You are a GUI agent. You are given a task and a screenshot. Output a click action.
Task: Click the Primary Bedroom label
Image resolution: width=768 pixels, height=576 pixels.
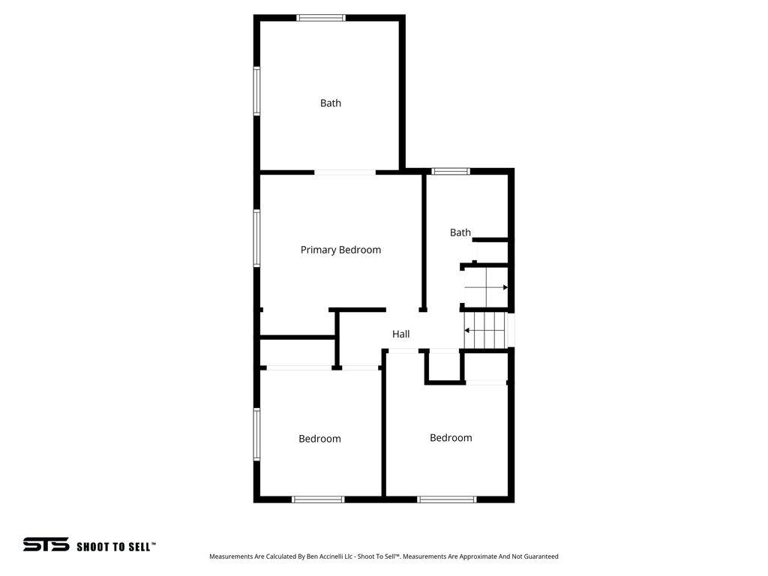click(340, 250)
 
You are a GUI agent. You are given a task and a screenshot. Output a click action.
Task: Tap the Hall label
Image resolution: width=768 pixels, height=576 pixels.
click(400, 334)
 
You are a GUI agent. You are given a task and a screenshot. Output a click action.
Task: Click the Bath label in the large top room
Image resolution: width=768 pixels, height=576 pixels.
click(330, 103)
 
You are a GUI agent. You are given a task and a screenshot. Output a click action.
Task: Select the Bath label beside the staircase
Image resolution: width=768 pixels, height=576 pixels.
click(460, 232)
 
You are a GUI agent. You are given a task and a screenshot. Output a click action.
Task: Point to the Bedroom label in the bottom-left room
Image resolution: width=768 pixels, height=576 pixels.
click(319, 439)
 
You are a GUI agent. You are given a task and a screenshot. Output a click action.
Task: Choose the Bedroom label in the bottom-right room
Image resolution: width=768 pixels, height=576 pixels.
click(451, 437)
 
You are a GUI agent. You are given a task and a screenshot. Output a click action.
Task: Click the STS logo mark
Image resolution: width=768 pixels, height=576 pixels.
click(46, 544)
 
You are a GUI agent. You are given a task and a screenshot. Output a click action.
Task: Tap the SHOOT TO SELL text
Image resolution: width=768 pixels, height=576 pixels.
click(116, 547)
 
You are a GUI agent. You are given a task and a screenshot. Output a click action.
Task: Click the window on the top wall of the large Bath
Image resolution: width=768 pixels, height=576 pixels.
click(321, 17)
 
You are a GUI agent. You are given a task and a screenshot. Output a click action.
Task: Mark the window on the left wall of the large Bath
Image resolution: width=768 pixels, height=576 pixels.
click(256, 91)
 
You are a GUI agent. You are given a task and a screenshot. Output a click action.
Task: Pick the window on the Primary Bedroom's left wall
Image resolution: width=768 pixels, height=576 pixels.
click(256, 238)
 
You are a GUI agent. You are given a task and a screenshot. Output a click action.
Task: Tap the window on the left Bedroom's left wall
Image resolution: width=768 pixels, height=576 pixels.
click(256, 433)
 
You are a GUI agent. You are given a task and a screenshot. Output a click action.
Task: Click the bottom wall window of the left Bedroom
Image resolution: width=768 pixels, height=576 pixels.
click(318, 499)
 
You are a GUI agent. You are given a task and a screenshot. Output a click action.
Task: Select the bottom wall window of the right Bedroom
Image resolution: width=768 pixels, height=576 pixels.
click(447, 499)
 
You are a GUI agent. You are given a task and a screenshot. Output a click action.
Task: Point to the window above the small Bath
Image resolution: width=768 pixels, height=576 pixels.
click(451, 171)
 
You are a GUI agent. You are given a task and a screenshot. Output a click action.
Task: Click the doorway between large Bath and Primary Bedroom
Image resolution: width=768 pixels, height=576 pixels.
click(344, 172)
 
